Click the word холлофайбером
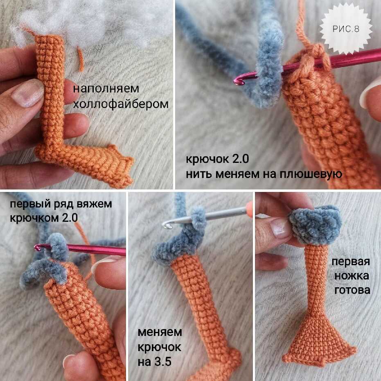[x=121, y=104]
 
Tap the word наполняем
[x=106, y=89]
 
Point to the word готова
[x=352, y=290]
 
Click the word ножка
[x=352, y=276]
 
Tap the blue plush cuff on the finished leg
[x=315, y=225]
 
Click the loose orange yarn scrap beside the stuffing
[x=81, y=59]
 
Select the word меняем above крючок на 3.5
[x=160, y=332]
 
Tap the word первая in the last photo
[x=351, y=262]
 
